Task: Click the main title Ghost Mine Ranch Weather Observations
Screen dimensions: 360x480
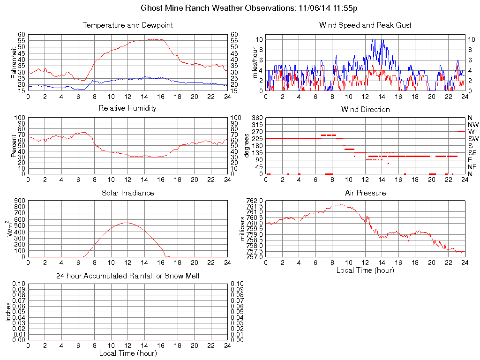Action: pyautogui.click(x=250, y=8)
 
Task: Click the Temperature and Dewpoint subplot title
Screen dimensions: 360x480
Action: pyautogui.click(x=127, y=25)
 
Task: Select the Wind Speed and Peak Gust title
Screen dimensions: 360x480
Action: pyautogui.click(x=365, y=25)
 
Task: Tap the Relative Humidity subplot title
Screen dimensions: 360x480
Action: pyautogui.click(x=127, y=108)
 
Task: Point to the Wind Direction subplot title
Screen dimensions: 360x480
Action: pyautogui.click(x=365, y=109)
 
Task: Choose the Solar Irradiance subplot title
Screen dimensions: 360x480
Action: pyautogui.click(x=127, y=193)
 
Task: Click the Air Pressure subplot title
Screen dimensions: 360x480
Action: pyautogui.click(x=365, y=193)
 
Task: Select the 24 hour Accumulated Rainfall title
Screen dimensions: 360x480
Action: pyautogui.click(x=127, y=276)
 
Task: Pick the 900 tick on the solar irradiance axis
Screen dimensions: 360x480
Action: pyautogui.click(x=19, y=201)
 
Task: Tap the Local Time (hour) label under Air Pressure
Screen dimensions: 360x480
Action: pyautogui.click(x=365, y=270)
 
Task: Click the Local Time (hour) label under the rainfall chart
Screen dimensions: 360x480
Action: pyautogui.click(x=127, y=353)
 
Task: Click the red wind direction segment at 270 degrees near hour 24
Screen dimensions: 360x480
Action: pyautogui.click(x=461, y=131)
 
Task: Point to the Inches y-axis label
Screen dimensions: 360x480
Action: pyautogui.click(x=8, y=312)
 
